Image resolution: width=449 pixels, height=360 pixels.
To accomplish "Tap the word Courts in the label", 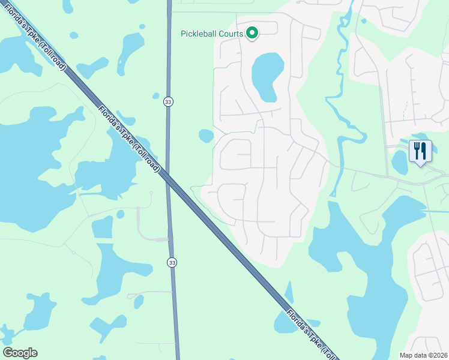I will pyautogui.click(x=231, y=34).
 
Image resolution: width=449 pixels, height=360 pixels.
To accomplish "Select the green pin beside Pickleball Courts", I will pyautogui.click(x=253, y=34).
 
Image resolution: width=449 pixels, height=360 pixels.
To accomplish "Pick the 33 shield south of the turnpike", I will pyautogui.click(x=172, y=262).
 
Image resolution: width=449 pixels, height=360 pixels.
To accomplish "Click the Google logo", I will pyautogui.click(x=20, y=353).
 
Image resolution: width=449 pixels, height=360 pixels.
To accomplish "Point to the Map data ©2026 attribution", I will pyautogui.click(x=423, y=355).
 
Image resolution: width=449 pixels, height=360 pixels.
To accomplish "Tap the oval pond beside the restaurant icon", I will pyautogui.click(x=399, y=162).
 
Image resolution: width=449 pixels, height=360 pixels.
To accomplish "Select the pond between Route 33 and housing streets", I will pyautogui.click(x=206, y=136).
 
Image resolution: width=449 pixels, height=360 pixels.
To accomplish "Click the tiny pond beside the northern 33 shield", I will pyautogui.click(x=156, y=95).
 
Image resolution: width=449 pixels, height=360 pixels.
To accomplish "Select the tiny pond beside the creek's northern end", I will pyautogui.click(x=364, y=21).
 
